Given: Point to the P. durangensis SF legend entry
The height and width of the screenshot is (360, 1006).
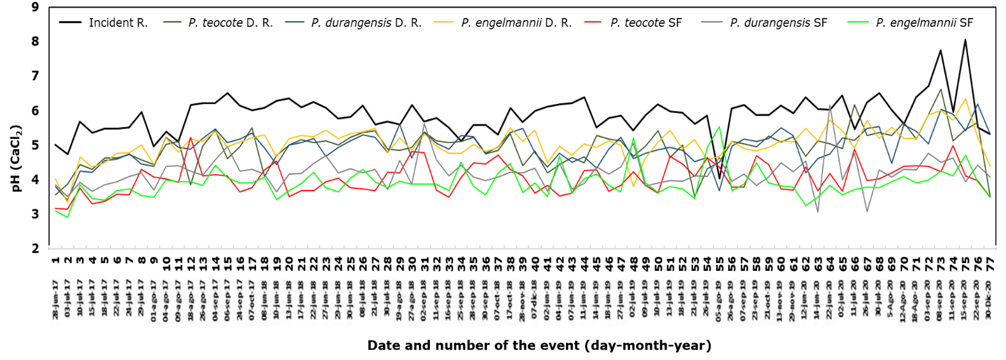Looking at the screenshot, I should [764, 23].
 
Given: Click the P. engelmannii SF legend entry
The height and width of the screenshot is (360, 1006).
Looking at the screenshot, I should [911, 23].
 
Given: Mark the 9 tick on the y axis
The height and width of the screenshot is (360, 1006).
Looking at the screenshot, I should [34, 7].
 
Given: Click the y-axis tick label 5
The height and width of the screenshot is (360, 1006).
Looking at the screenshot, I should [34, 145].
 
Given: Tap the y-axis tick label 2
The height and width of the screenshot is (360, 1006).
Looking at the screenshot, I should [34, 248].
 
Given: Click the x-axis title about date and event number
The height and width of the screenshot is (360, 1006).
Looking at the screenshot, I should [539, 346].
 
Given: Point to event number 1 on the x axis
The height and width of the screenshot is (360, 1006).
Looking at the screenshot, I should [56, 261].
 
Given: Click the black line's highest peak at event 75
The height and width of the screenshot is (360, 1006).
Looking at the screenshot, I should [964, 40].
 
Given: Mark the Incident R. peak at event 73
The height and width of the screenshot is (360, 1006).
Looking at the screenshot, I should [940, 51].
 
